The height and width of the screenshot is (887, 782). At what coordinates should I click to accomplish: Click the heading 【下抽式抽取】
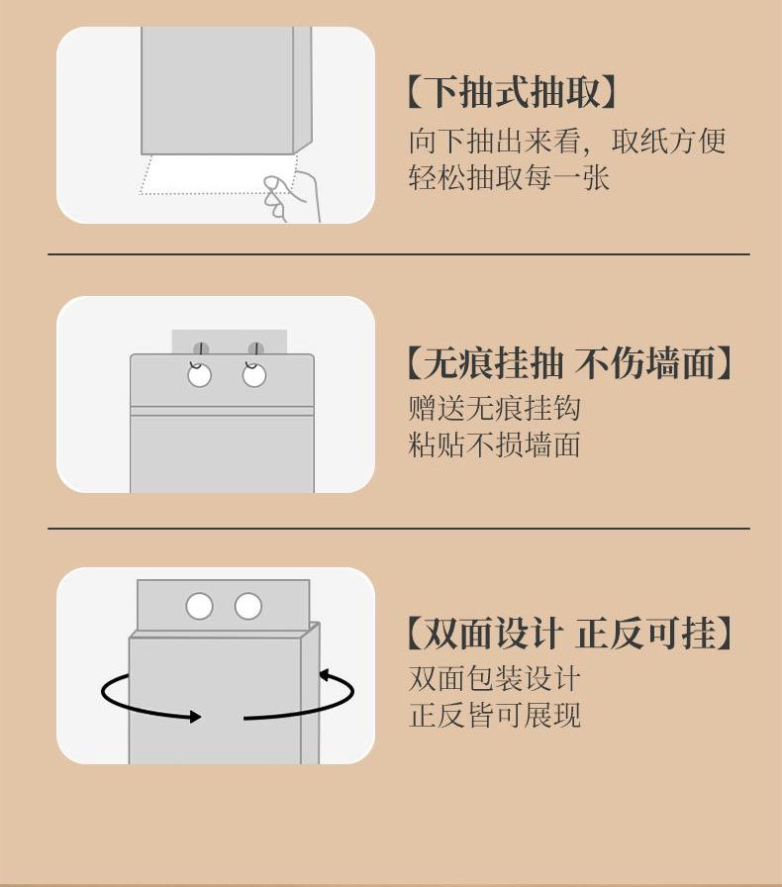(513, 94)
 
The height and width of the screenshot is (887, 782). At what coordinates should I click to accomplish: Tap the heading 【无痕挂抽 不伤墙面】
(569, 363)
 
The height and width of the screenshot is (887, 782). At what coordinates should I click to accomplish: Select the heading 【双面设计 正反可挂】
(569, 634)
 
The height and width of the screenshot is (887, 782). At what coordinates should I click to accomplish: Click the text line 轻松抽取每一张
(509, 178)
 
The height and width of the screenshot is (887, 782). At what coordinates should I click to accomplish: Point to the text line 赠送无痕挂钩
(494, 408)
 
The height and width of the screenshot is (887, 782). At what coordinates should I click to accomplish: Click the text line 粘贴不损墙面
(494, 444)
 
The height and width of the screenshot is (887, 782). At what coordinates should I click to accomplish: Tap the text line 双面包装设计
(494, 679)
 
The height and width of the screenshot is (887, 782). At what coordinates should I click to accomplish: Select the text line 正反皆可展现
(494, 715)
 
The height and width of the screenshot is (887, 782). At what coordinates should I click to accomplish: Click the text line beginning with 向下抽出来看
(567, 141)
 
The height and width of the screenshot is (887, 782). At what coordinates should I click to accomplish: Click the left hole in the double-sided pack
(200, 606)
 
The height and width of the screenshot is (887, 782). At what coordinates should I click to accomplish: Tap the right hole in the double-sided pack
(247, 606)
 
